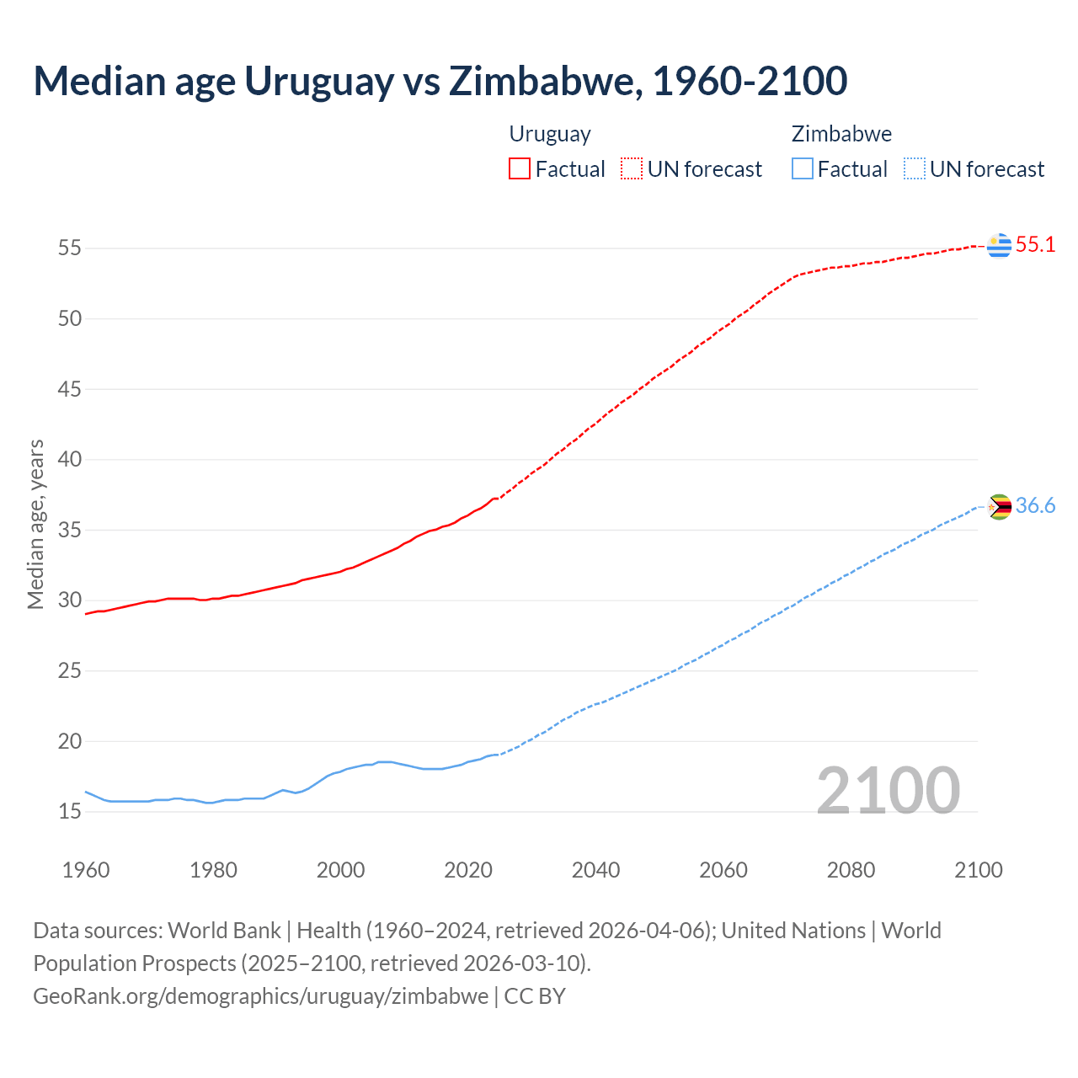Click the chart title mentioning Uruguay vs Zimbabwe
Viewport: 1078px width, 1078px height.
pos(440,81)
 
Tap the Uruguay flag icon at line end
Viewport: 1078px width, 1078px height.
pos(999,245)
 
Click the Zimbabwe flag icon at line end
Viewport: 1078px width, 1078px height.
pos(999,506)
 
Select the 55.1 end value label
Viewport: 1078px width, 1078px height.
pos(1035,245)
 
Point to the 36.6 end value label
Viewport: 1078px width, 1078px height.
pos(1035,506)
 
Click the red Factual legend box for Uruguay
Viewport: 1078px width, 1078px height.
pos(520,169)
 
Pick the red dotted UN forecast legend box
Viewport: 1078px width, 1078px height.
pos(632,169)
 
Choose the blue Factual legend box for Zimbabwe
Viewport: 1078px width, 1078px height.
pos(803,169)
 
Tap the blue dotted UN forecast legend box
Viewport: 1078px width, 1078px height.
pos(914,169)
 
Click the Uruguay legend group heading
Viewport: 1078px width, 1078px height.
pos(550,134)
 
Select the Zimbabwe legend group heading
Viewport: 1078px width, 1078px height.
pos(841,134)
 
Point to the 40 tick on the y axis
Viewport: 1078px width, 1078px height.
pos(70,460)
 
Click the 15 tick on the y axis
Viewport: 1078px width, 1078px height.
pos(70,812)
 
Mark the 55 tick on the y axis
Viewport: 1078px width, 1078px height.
pos(70,248)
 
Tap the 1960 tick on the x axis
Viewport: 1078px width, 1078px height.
pos(86,870)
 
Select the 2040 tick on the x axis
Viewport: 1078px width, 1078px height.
pos(595,870)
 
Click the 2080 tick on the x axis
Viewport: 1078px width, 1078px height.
pos(851,870)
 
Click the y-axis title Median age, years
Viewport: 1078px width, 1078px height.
pos(35,524)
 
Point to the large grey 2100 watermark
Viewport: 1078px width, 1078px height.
pos(888,790)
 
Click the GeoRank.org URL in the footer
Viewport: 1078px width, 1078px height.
pos(260,996)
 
